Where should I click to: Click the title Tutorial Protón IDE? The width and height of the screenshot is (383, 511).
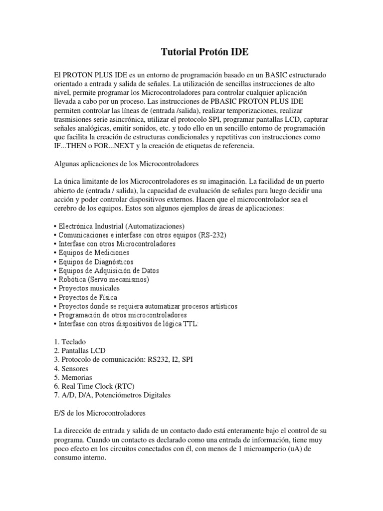pos(204,51)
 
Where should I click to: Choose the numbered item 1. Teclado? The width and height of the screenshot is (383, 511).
pos(69,342)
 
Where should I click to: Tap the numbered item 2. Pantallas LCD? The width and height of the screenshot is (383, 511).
pos(79,351)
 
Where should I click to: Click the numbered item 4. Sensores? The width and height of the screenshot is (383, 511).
pos(72,368)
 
